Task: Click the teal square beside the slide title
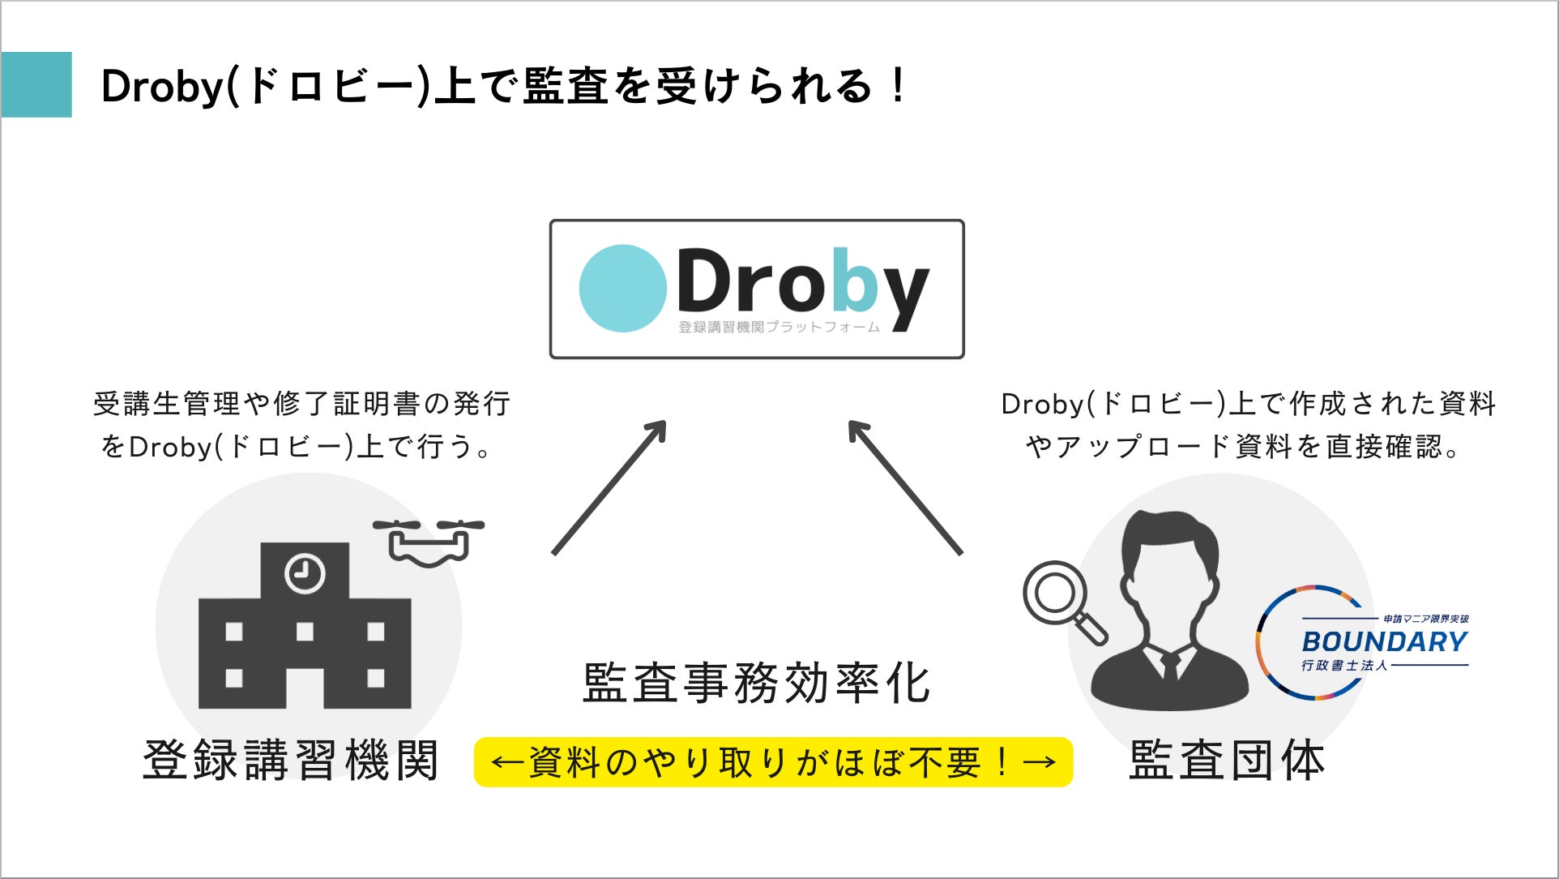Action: coord(36,84)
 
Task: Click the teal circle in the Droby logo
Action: coord(622,289)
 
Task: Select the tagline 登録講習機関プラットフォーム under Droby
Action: coord(779,328)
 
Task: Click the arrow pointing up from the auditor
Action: coord(905,487)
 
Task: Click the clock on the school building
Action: coord(305,573)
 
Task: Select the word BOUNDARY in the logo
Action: coord(1384,642)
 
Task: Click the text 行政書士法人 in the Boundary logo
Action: coord(1344,666)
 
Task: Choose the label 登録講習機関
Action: coord(291,761)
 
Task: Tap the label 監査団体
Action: coord(1227,761)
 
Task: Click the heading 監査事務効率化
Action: coord(757,684)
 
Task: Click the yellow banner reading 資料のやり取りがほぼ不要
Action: coord(773,762)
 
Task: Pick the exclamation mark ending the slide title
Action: coord(897,86)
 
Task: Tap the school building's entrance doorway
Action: coord(305,688)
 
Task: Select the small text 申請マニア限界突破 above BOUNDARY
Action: coord(1425,619)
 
